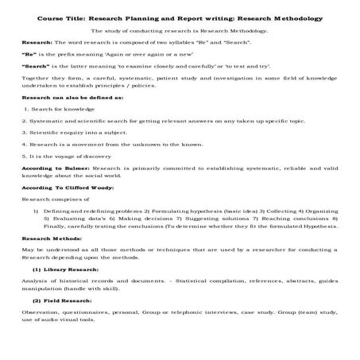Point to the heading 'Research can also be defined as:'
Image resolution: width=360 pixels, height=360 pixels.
point(60,117)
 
